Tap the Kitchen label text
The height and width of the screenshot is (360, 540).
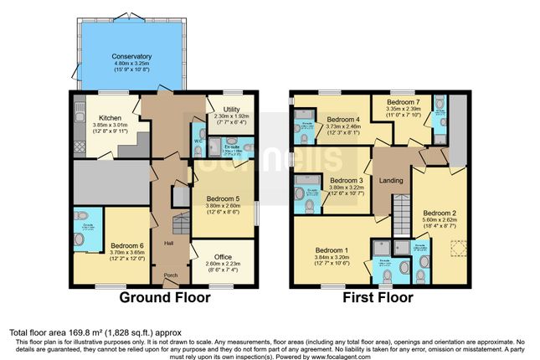111,118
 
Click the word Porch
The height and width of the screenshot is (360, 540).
171,275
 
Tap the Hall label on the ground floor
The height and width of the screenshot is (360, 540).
168,243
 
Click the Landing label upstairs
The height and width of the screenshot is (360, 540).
392,180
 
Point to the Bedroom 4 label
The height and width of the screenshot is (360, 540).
342,120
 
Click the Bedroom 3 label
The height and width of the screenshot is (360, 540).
346,180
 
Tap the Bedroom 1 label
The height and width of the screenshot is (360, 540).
332,249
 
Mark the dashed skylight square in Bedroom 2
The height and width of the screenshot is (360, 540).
457,248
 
